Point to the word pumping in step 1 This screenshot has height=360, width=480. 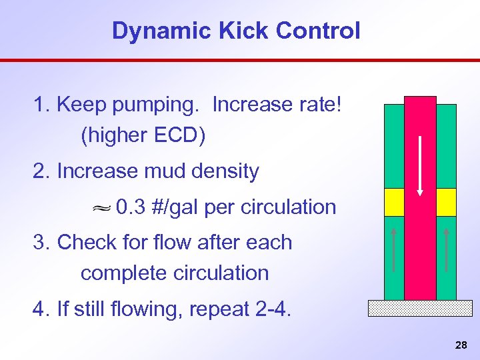point(164,105)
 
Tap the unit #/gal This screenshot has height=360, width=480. point(176,207)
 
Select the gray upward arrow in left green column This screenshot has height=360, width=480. point(394,250)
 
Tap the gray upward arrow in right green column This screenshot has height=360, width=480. point(446,250)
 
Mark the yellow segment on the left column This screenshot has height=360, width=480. point(394,202)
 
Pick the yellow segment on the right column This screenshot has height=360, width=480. point(446,202)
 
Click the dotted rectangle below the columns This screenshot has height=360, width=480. point(420,307)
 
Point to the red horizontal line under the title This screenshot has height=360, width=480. point(240,60)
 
